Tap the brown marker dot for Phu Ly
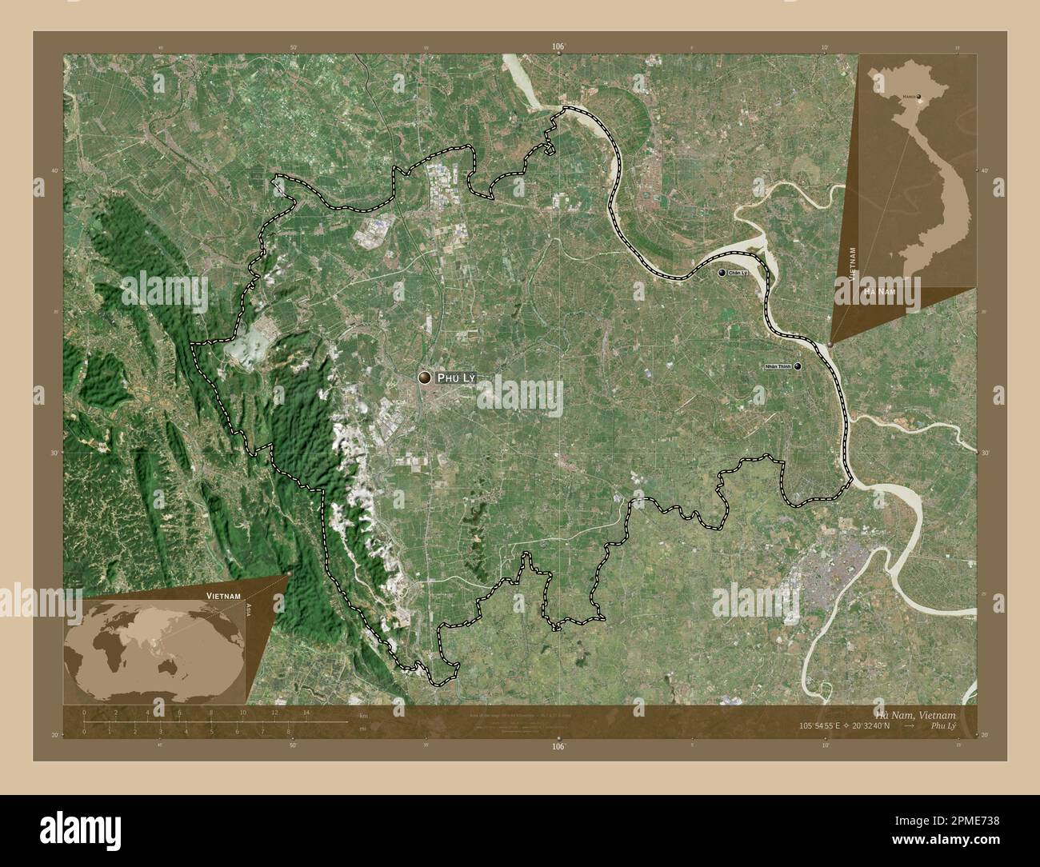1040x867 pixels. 424,377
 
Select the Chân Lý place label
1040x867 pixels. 738,274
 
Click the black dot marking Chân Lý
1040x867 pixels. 722,274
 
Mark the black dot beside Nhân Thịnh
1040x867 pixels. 798,366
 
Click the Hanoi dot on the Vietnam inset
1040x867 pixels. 918,97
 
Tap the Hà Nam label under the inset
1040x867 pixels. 878,294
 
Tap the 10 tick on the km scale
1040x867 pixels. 242,713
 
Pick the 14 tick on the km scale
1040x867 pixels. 306,713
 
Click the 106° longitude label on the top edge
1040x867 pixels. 558,47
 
